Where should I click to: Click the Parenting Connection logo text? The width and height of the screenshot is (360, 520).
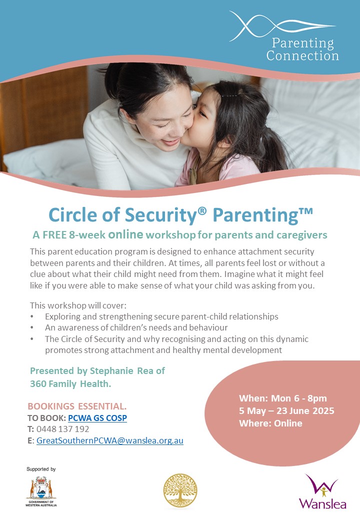302,49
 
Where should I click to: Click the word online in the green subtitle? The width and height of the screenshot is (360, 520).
126,234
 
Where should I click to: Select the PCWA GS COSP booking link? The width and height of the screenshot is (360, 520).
97,417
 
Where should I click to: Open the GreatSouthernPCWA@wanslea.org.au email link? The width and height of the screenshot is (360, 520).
110,441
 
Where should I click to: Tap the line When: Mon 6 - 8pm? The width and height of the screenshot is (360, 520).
283,398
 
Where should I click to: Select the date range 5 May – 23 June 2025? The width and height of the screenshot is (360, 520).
286,411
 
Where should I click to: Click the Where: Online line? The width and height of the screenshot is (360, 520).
270,423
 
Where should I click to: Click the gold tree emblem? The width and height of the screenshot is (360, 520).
180,491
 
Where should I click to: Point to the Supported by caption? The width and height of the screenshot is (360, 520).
41,469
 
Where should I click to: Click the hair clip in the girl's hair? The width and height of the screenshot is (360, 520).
229,95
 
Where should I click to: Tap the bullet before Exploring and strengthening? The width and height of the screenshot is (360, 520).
33,317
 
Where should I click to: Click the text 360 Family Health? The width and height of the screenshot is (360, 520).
70,383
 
